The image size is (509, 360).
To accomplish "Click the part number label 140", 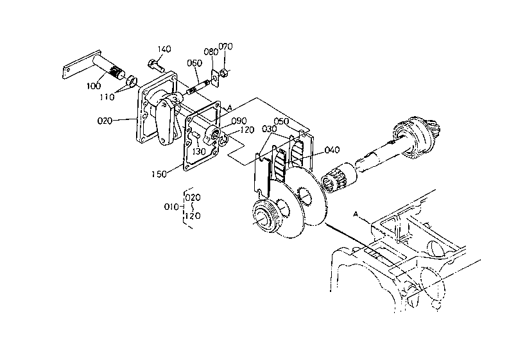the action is (x=164, y=49).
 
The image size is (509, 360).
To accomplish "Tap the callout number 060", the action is (x=194, y=63).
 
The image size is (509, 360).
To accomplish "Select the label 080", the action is (x=211, y=51).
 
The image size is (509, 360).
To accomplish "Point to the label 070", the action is (x=225, y=46).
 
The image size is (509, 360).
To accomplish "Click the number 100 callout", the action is (x=94, y=86).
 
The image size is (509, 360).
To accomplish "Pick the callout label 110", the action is (x=107, y=97).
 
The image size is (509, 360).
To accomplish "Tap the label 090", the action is (x=239, y=121).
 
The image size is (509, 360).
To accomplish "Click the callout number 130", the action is (x=199, y=151).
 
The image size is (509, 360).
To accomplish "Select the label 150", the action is (x=159, y=174).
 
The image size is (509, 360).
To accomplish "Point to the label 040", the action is (x=332, y=150).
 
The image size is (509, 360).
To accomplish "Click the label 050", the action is (x=281, y=121).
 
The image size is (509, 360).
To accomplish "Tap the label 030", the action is (x=269, y=129).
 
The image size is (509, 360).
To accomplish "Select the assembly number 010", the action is (x=171, y=207).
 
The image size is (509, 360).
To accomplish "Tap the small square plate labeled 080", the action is (x=214, y=78).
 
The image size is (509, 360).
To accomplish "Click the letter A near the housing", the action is (x=356, y=214).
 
